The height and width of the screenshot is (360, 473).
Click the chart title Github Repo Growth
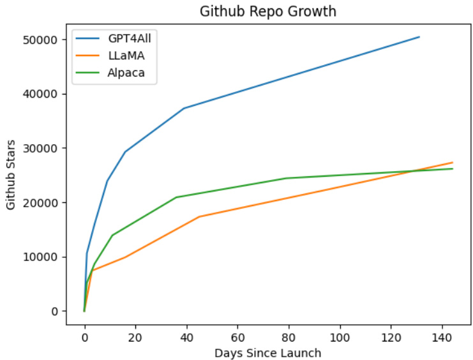[x=267, y=11]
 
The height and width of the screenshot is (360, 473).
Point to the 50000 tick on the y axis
[x=45, y=40]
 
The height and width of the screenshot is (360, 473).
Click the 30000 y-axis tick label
[x=45, y=148]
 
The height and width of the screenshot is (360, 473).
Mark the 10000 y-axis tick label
[x=45, y=257]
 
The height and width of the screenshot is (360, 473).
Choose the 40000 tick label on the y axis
[x=45, y=94]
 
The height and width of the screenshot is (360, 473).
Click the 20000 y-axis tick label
[x=45, y=202]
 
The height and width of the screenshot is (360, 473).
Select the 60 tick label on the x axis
[x=237, y=336]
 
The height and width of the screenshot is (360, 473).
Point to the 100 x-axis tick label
[x=340, y=336]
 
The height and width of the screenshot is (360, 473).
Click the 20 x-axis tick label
[x=135, y=336]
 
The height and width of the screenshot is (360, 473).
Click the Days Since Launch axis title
[x=267, y=352]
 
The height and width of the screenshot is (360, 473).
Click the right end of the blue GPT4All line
[x=419, y=37]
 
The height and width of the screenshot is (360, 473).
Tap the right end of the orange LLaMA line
[x=452, y=163]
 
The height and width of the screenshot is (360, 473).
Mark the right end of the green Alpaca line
[x=452, y=169]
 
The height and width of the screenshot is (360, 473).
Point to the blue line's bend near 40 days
[x=184, y=109]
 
